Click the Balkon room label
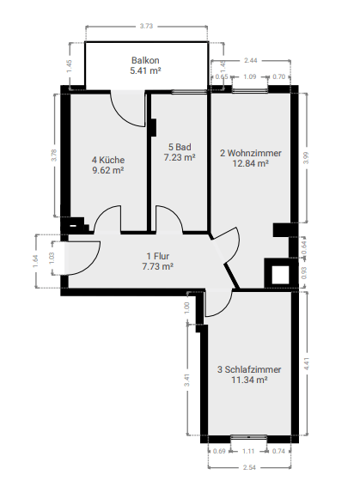[145, 60]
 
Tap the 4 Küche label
[108, 160]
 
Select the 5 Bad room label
[180, 147]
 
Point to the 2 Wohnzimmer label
[251, 153]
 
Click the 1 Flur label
[158, 256]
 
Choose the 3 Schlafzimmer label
[249, 369]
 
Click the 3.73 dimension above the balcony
[146, 26]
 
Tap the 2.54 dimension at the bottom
[249, 467]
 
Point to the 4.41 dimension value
[307, 363]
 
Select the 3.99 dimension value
[306, 158]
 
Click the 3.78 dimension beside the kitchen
[54, 155]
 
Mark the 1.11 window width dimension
[248, 451]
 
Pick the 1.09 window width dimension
[249, 76]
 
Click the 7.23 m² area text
[180, 157]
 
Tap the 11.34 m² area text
[249, 380]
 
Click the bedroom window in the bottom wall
[248, 437]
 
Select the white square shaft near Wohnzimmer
[280, 275]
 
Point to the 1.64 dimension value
[35, 261]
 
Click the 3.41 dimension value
[186, 380]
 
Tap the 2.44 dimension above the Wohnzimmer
[251, 60]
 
